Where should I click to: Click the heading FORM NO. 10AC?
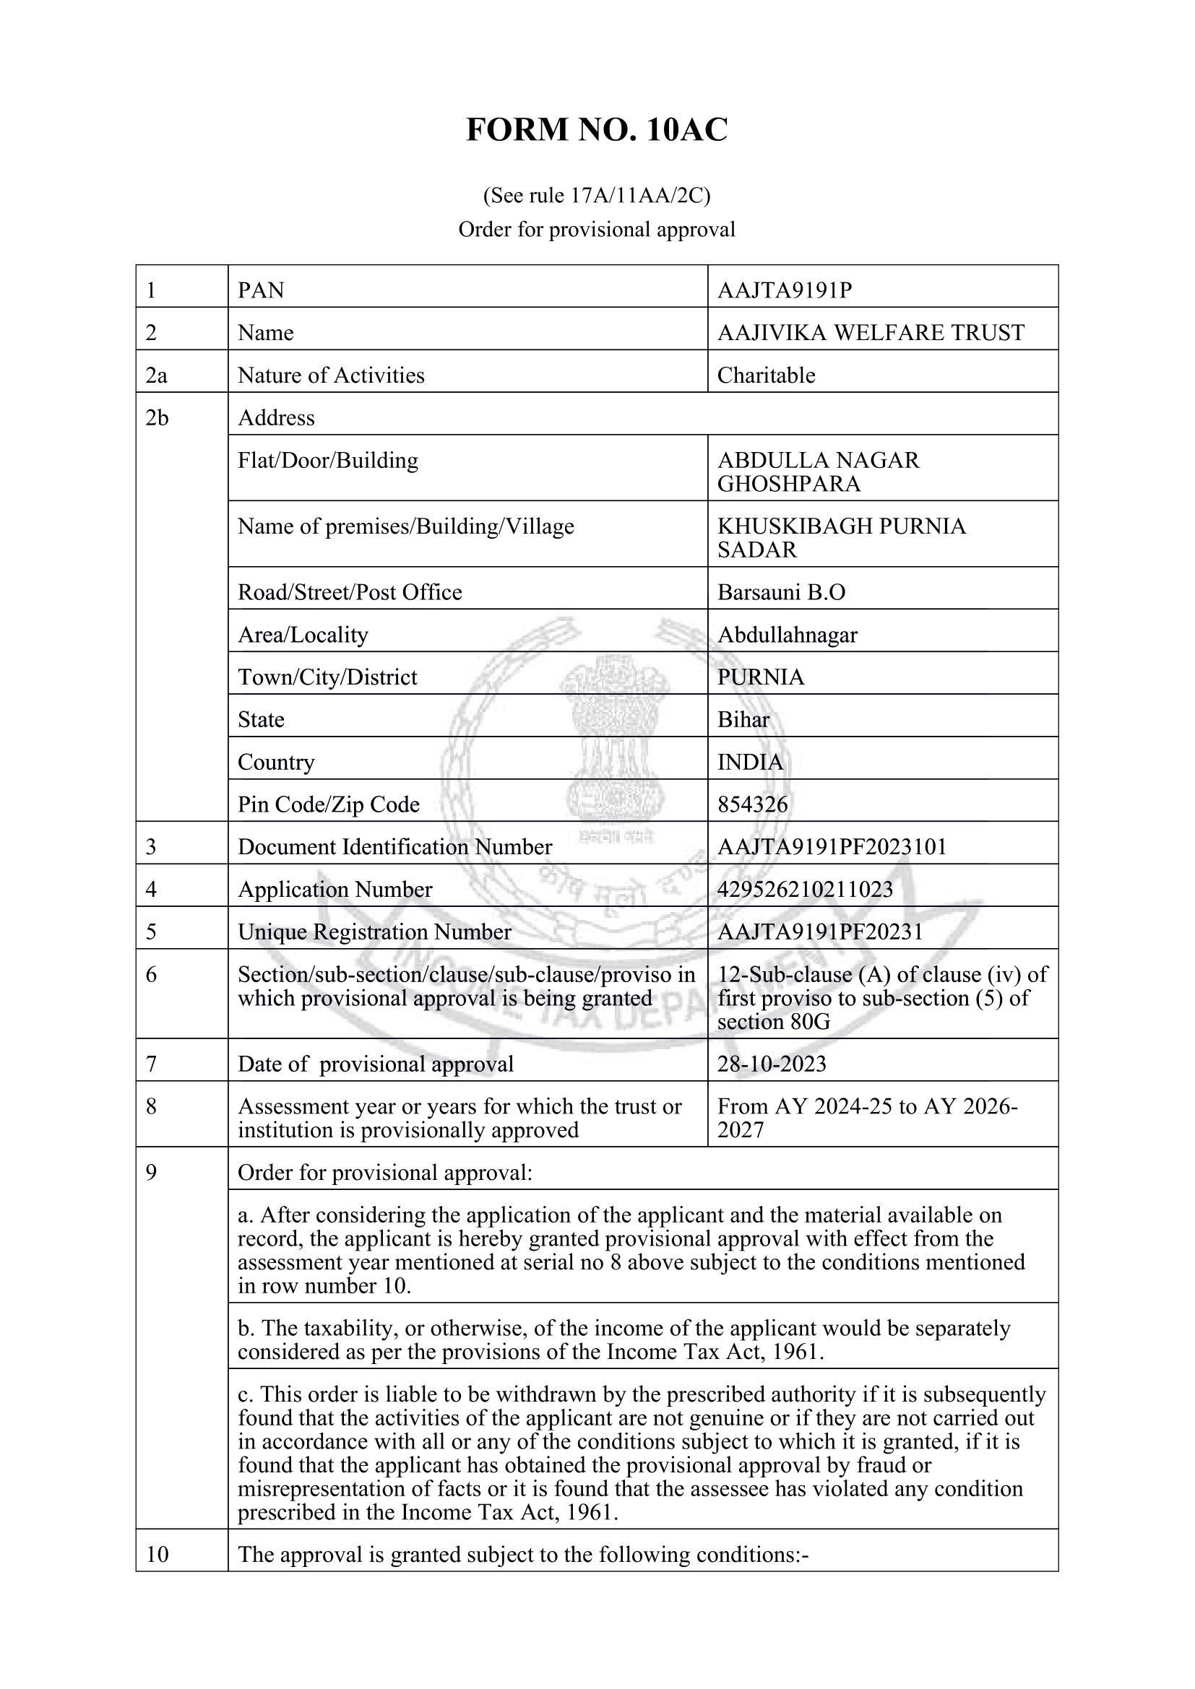pos(597,130)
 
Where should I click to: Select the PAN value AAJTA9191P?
pos(785,290)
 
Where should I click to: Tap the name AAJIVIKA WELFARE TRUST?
pos(871,333)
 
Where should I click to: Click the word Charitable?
pos(766,376)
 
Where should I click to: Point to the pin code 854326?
pos(752,804)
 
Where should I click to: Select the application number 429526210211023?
pos(805,890)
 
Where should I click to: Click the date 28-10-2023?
pos(772,1064)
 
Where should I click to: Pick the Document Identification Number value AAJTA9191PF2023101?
pos(832,848)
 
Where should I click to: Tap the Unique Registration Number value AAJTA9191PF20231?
pos(820,933)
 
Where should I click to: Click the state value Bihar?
pos(743,719)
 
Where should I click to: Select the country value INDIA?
pos(750,762)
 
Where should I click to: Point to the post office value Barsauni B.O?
pos(782,593)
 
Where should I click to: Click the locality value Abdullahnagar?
pos(788,635)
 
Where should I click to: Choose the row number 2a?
pos(157,376)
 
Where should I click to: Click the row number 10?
pos(158,1555)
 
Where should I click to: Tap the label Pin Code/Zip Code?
pos(328,804)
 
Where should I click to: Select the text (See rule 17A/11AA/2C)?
pos(597,196)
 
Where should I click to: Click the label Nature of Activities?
pos(331,376)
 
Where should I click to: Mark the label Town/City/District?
pos(327,677)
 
